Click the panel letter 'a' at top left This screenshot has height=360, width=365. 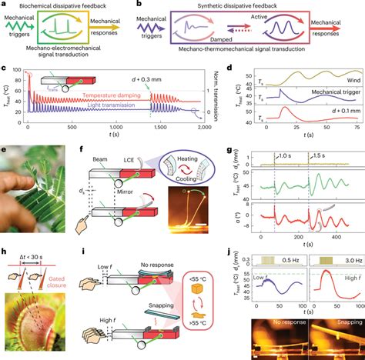(x=5, y=5)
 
